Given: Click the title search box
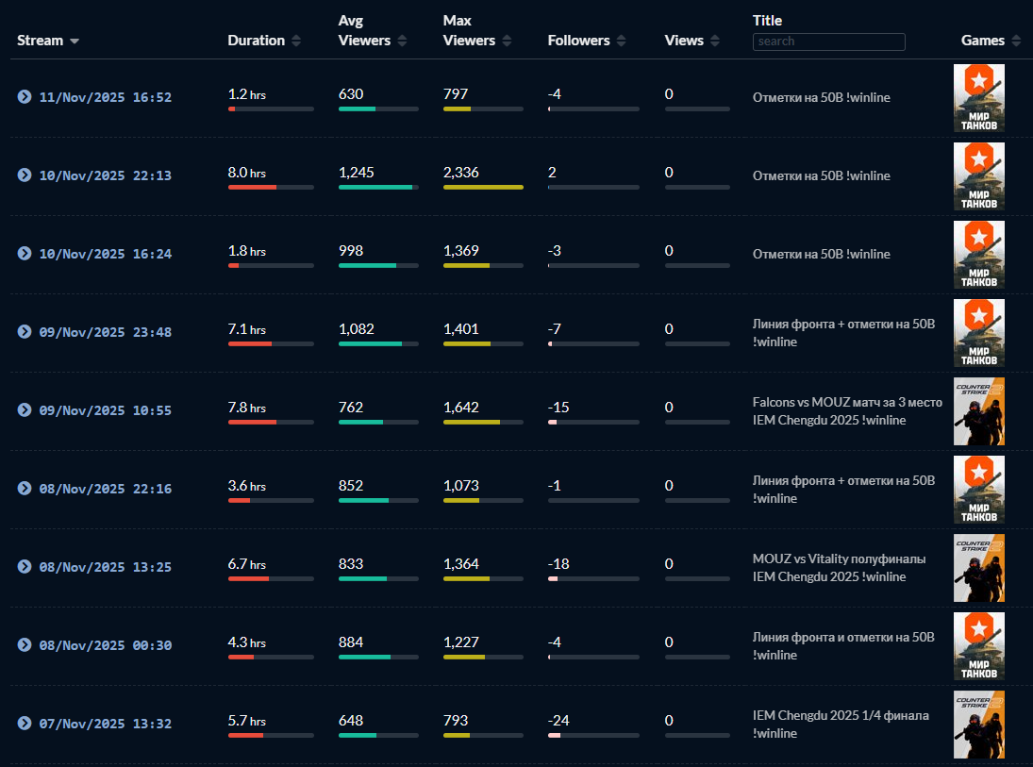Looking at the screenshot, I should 828,42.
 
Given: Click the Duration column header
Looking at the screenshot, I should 257,41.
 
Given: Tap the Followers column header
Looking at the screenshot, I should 577,41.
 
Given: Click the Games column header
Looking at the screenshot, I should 983,41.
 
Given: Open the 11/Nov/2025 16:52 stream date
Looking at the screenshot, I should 105,97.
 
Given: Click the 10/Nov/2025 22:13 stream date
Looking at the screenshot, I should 105,175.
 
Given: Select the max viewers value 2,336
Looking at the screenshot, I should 461,173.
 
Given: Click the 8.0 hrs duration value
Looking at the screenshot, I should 246,173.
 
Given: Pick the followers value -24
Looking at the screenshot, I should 558,721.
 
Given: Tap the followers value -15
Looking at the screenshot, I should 558,408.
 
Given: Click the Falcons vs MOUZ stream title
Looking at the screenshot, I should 846,411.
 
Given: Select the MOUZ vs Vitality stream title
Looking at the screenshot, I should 838,568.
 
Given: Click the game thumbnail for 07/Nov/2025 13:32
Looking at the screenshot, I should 978,724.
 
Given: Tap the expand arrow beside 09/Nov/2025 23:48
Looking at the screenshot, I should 25,332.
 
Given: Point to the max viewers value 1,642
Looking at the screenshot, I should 461,408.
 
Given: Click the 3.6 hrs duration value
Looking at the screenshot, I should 246,486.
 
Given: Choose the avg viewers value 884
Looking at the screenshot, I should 351,642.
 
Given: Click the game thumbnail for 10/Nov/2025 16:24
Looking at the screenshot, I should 978,254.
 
